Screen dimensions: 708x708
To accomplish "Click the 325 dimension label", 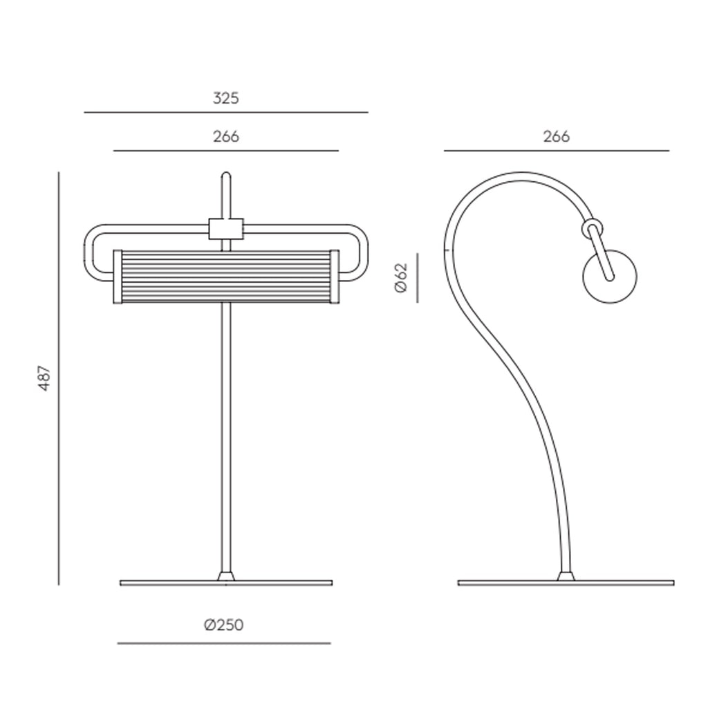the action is pos(226,98).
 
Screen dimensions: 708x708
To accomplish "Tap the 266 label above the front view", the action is pos(226,136).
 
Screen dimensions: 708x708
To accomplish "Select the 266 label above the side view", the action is pos(557,136).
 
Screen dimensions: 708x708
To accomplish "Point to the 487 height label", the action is pos(45,378).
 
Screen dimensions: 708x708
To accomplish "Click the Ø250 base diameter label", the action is pos(223,625).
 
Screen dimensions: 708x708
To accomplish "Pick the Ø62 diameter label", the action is pos(401,278).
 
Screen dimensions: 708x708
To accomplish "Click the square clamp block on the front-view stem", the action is pos(226,229).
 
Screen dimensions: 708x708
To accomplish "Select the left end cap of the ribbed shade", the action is pos(118,277).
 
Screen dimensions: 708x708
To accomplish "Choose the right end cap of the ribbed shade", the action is pos(335,277).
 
